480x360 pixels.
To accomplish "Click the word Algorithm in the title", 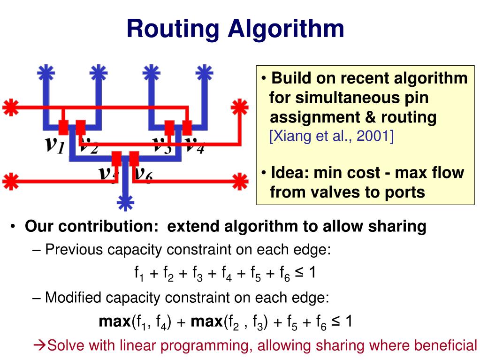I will coord(286,29).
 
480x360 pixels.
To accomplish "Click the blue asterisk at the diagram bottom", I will coord(125,202).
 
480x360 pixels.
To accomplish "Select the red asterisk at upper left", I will coord(10,107).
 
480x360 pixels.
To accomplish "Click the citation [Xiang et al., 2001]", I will coord(331,136).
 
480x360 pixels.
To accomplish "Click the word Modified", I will coord(73,298).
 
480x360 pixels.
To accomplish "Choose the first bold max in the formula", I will coord(114,322).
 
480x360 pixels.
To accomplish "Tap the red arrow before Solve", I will coord(41,346).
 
